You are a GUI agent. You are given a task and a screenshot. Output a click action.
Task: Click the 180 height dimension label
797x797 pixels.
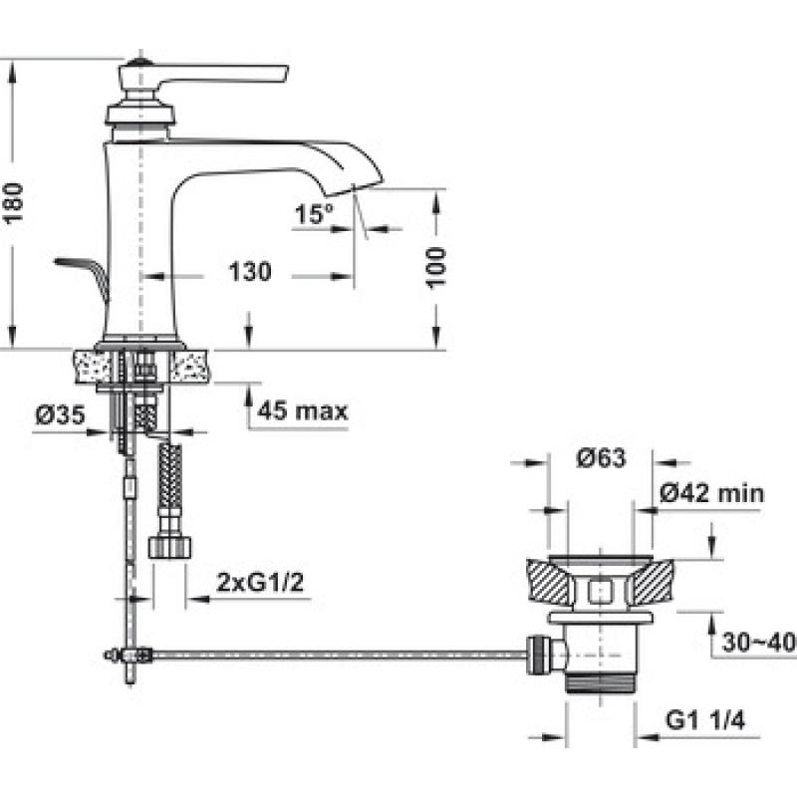coord(14,203)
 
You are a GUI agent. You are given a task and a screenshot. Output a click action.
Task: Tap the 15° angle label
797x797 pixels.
coord(314,213)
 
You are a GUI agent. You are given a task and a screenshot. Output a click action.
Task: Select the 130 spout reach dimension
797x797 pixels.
coord(250,271)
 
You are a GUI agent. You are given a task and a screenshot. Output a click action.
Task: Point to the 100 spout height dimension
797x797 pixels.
coord(436,268)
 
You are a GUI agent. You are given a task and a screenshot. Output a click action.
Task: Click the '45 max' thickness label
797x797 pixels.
coord(303,410)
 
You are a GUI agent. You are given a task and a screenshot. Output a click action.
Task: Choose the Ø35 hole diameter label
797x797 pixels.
coord(60,415)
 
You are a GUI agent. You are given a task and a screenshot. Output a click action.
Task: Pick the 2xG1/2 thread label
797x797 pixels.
coord(260,582)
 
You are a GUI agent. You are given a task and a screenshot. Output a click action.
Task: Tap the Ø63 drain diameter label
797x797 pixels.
coord(601,458)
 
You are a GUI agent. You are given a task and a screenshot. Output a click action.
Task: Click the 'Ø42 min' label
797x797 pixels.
coord(711,493)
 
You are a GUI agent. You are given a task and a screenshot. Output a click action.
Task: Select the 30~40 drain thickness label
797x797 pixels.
coord(758,643)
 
